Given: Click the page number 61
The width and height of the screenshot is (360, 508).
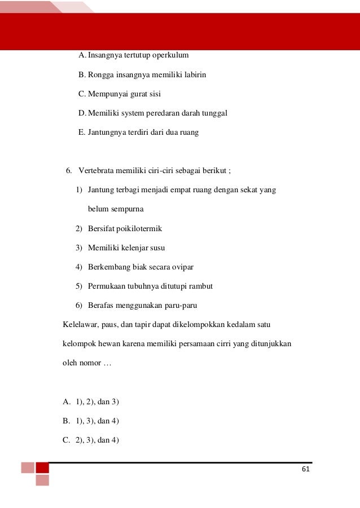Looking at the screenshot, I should tap(306, 470).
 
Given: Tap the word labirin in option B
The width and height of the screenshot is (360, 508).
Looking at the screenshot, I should tap(195, 74).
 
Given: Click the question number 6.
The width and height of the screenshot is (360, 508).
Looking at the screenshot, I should tap(69, 171).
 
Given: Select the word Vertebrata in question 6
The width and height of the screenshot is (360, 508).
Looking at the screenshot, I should tap(96, 171).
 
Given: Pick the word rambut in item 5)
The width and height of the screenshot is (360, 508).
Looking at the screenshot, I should tap(200, 286).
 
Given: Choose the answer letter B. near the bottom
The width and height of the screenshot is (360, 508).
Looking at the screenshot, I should tap(66, 421).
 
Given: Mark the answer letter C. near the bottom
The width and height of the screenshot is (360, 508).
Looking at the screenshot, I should tap(66, 440).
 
